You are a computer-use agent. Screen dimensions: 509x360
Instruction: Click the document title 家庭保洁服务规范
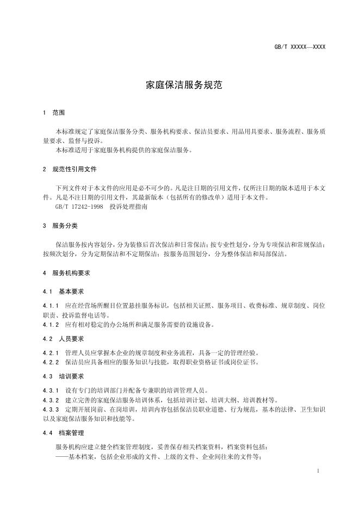click(180, 85)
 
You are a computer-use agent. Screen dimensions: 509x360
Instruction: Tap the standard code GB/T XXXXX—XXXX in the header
click(300, 47)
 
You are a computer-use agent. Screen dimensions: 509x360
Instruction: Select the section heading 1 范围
click(54, 113)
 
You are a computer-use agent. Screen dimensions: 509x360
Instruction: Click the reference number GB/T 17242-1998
click(78, 207)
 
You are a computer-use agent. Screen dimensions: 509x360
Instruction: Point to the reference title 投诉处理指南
click(128, 207)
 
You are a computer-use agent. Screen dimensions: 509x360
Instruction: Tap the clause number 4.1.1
click(51, 306)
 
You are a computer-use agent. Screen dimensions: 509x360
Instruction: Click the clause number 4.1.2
click(51, 325)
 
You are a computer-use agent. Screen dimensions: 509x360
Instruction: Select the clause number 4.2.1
click(51, 353)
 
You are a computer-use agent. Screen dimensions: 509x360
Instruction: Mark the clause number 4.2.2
click(51, 362)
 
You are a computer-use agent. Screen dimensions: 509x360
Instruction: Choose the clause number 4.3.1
click(51, 390)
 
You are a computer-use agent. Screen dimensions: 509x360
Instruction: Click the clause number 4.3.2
click(51, 400)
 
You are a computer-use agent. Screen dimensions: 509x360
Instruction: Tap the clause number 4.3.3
click(51, 409)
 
